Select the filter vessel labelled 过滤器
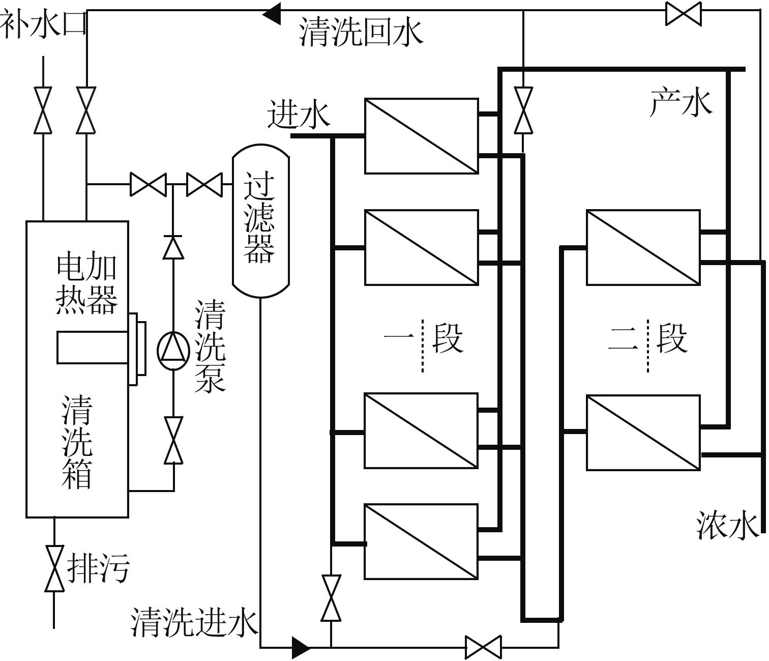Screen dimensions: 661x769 tap(260, 220)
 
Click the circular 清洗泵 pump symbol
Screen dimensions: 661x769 tap(173, 351)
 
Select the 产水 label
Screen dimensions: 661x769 tap(681, 102)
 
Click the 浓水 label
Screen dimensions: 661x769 tap(727, 525)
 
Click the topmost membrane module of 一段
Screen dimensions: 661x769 tap(421, 136)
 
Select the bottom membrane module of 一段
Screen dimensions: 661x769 tap(421, 541)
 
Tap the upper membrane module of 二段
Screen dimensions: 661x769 tap(643, 247)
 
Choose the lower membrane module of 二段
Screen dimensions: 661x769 tap(643, 433)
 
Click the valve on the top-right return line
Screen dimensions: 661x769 tap(683, 13)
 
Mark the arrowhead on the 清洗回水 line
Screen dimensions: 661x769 tap(272, 13)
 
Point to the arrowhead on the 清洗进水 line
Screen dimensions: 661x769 tap(301, 647)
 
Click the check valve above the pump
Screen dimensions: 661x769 tap(173, 247)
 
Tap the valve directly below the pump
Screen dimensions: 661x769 tap(173, 441)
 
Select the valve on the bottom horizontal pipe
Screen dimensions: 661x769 tap(483, 647)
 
